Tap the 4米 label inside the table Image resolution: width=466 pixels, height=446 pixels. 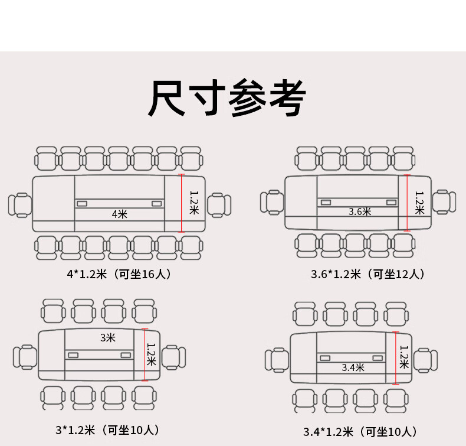[x=120, y=214]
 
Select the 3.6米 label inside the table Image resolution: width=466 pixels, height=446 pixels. [x=360, y=211]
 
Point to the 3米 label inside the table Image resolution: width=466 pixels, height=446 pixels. [x=107, y=338]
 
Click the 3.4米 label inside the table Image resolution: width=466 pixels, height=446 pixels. [x=353, y=367]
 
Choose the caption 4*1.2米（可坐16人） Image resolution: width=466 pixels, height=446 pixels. [x=120, y=274]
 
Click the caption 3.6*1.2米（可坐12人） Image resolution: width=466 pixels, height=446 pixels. [x=368, y=274]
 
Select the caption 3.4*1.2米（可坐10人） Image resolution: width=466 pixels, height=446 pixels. [x=360, y=432]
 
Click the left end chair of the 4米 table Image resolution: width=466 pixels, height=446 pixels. [x=20, y=204]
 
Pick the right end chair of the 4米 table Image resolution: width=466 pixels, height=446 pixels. [x=219, y=204]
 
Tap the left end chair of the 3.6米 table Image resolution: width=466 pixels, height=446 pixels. [x=272, y=202]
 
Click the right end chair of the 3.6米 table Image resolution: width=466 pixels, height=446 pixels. [x=444, y=201]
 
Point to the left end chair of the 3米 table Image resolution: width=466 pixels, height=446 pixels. [x=25, y=356]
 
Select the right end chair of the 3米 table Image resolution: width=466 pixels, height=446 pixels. [x=173, y=356]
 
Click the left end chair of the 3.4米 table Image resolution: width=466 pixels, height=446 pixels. [x=276, y=360]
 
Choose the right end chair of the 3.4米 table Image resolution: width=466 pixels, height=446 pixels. [x=425, y=360]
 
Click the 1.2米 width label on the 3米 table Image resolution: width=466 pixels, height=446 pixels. [x=151, y=354]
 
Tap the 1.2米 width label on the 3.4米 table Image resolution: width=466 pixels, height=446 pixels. [x=404, y=357]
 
